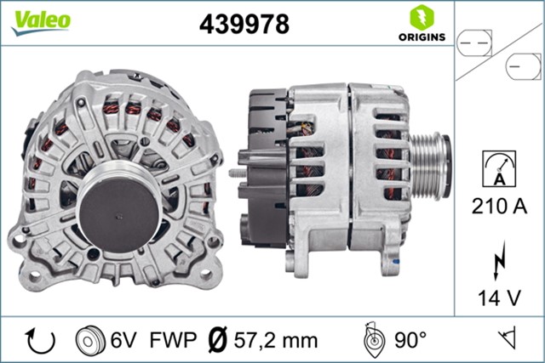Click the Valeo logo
[x=40, y=21]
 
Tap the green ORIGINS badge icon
[x=419, y=17]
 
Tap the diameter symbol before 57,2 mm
[x=218, y=340]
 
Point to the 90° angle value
[x=410, y=340]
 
